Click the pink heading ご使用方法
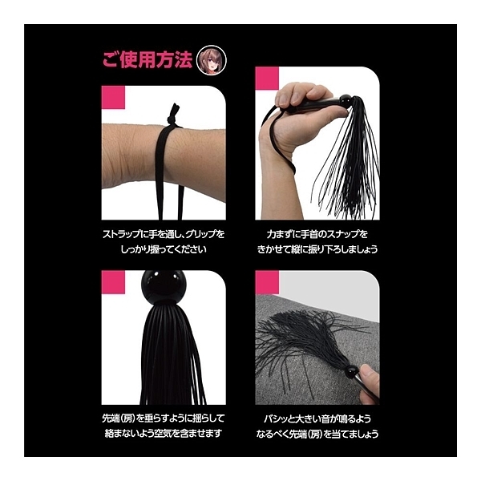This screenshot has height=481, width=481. click(147, 59)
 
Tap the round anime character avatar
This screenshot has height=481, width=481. click(212, 60)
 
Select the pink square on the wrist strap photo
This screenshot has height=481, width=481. click(113, 97)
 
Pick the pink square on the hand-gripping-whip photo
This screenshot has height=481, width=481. click(267, 79)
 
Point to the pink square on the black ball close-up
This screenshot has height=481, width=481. click(113, 282)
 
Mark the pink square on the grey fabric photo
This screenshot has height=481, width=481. click(267, 282)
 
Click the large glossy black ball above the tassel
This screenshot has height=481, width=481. click(164, 286)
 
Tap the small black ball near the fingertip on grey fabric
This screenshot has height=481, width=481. click(352, 371)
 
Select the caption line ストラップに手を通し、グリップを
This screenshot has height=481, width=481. click(164, 235)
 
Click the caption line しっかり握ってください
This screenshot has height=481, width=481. click(164, 249)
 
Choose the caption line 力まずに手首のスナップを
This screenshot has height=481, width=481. click(317, 235)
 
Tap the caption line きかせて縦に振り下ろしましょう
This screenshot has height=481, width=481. click(317, 249)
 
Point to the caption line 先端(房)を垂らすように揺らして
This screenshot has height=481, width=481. click(164, 418)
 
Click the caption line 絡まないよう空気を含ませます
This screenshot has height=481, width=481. click(164, 434)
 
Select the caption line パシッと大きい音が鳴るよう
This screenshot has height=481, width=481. click(317, 418)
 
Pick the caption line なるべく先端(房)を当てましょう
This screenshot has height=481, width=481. click(317, 434)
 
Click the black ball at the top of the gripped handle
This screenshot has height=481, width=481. click(346, 100)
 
